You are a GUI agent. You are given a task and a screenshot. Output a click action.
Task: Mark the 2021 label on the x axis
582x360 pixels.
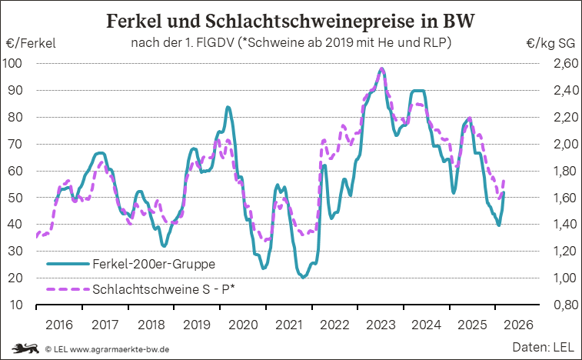(x=289, y=325)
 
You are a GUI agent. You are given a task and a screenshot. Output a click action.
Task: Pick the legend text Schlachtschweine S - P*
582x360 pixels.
(x=162, y=291)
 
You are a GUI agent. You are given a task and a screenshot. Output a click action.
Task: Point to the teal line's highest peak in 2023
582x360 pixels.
(x=382, y=69)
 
